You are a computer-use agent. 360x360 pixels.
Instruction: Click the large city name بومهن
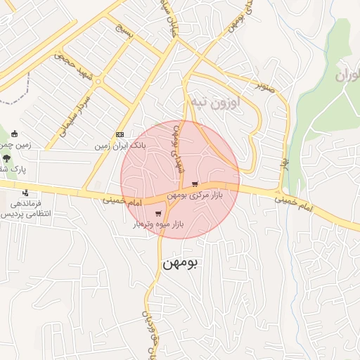click(x=181, y=263)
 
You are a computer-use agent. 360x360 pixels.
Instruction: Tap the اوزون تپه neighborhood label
click(x=215, y=103)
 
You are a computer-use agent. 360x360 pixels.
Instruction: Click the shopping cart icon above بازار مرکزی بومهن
click(x=195, y=184)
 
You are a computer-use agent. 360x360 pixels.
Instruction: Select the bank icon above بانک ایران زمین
click(x=120, y=135)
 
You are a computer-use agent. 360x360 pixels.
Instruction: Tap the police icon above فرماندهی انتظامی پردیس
click(x=26, y=193)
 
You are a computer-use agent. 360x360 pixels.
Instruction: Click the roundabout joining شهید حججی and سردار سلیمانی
click(x=98, y=82)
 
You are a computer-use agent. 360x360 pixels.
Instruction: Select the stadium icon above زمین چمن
click(x=13, y=134)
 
